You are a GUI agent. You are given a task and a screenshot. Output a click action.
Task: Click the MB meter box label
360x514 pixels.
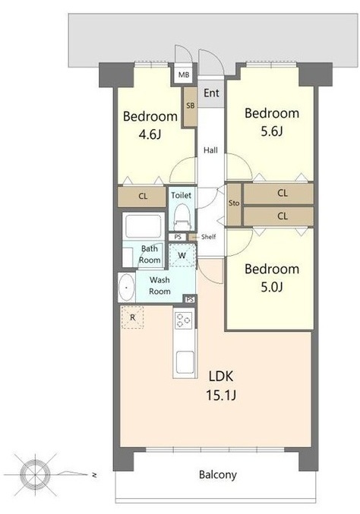point(184,75)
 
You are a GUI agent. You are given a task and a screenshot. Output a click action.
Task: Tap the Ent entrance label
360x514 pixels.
point(211,93)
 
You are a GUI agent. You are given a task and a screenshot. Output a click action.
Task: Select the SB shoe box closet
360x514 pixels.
point(190,106)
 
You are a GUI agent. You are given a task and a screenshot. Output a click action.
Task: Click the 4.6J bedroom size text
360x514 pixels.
point(150,134)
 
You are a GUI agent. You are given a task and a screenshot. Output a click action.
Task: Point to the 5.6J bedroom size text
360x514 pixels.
point(272,131)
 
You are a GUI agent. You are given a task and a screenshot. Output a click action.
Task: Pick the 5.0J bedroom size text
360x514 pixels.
point(272,287)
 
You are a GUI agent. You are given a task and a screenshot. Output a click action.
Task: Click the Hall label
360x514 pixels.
point(210,150)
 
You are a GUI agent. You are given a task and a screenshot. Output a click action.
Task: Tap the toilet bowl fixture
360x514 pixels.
point(182,217)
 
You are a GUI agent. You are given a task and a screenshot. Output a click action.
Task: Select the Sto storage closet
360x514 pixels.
point(234,204)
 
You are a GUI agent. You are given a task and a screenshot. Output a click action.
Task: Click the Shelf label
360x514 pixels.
point(209,237)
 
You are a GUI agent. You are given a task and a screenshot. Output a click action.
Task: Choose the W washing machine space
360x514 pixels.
point(182,255)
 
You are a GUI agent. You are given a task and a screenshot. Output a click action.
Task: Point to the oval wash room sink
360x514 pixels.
point(127,288)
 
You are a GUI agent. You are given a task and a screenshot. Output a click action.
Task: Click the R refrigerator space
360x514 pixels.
point(132,317)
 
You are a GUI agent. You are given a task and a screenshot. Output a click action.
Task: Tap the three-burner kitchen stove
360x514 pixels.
point(184,320)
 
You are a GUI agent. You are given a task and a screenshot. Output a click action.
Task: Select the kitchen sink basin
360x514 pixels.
point(185,362)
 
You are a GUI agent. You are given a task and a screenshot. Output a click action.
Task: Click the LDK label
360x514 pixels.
point(221,376)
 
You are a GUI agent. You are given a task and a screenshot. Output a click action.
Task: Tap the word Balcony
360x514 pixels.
point(218,475)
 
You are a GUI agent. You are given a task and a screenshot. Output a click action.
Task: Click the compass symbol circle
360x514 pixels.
point(35,473)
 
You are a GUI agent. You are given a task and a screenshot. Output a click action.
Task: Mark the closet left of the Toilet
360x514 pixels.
point(142,197)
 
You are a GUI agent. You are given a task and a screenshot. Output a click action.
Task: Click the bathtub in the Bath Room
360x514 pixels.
point(144,226)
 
